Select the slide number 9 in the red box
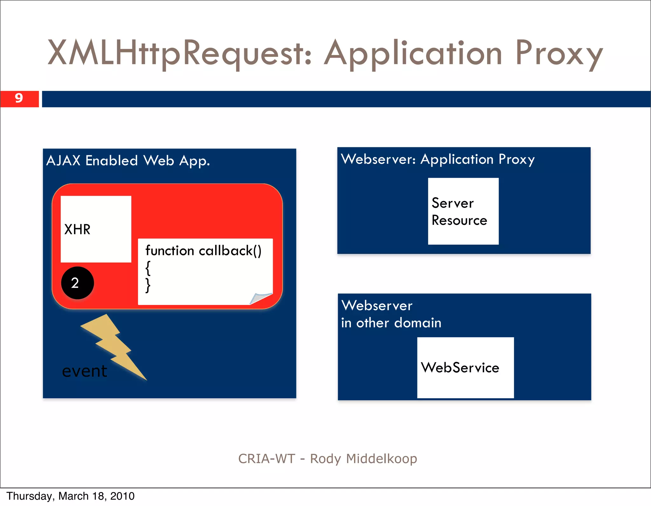19,98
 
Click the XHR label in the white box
77,229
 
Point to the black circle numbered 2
77,283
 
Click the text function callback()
203,251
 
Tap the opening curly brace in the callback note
148,268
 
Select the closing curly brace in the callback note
148,285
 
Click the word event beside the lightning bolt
85,371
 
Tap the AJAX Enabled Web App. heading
128,161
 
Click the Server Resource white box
463,211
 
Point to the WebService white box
465,368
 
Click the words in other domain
391,323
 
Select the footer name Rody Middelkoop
363,459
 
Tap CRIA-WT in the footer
267,459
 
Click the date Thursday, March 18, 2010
71,496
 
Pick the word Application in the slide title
413,53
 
